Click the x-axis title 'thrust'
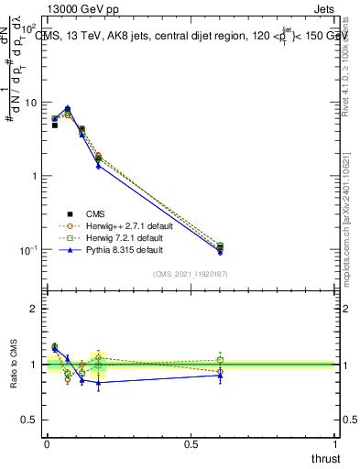coord(324,457)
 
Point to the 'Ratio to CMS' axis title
coord(14,365)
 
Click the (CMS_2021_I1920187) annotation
coord(191,274)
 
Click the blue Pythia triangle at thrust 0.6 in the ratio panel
coord(220,375)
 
